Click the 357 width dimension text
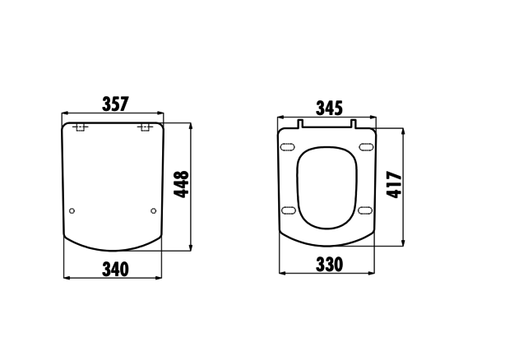click(x=113, y=105)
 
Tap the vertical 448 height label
click(x=181, y=186)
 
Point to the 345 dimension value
click(x=327, y=108)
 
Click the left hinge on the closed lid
click(x=81, y=127)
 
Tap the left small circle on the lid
click(x=72, y=211)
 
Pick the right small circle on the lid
click(x=154, y=211)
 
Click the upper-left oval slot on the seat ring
click(x=288, y=148)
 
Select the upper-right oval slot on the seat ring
click(x=367, y=148)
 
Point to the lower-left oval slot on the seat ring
click(x=288, y=211)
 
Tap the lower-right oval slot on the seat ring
click(x=367, y=211)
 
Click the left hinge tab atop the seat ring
click(x=300, y=125)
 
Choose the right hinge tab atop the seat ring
click(x=354, y=125)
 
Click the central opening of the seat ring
click(x=327, y=187)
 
